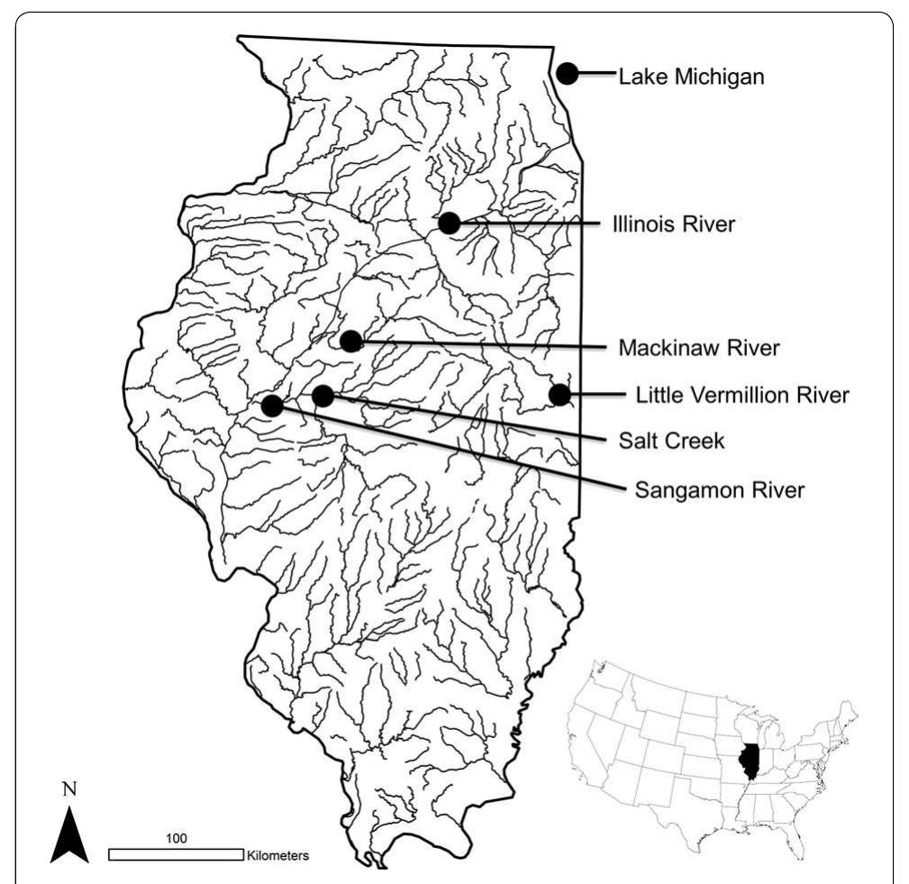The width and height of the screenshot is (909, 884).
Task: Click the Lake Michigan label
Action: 691,77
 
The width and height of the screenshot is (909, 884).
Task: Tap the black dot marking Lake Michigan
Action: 567,74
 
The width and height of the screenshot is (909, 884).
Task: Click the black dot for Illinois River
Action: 450,223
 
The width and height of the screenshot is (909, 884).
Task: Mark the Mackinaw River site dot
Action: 351,341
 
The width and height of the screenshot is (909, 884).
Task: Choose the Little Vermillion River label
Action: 742,395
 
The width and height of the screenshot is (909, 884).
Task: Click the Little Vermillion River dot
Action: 559,394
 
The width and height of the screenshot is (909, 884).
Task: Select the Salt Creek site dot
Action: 323,395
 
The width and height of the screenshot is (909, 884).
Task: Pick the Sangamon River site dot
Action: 271,406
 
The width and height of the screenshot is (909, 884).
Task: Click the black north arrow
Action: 69,834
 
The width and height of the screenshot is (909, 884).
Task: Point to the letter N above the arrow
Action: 69,789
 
